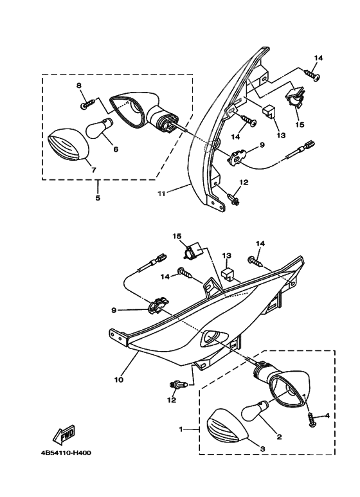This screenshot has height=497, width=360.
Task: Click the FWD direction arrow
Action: (x=64, y=435)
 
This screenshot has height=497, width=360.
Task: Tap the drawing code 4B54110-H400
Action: (x=66, y=453)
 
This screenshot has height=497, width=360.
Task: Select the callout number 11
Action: (x=161, y=194)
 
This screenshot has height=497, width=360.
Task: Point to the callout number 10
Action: (x=119, y=379)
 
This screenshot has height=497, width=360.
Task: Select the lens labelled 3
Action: (x=226, y=426)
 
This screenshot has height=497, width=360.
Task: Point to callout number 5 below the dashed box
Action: (x=98, y=198)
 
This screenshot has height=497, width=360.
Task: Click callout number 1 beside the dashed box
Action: (x=181, y=429)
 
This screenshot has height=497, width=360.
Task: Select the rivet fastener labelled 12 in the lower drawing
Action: (x=177, y=384)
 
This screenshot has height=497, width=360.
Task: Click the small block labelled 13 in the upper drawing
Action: (x=269, y=112)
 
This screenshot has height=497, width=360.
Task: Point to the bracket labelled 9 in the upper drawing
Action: (x=238, y=157)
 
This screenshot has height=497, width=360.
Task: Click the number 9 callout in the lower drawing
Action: (x=114, y=311)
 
